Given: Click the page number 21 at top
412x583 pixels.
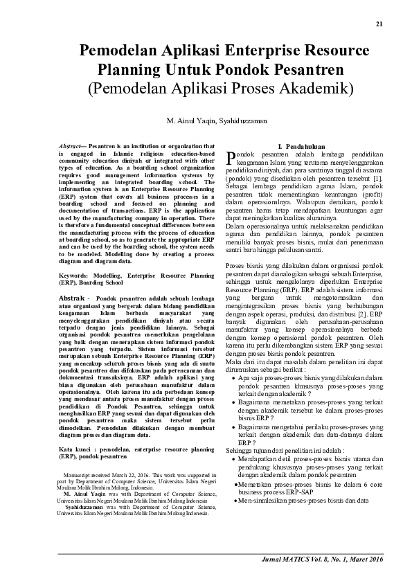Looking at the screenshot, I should click(x=379, y=24).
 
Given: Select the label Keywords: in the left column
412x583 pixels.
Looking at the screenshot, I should click(x=75, y=276).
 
